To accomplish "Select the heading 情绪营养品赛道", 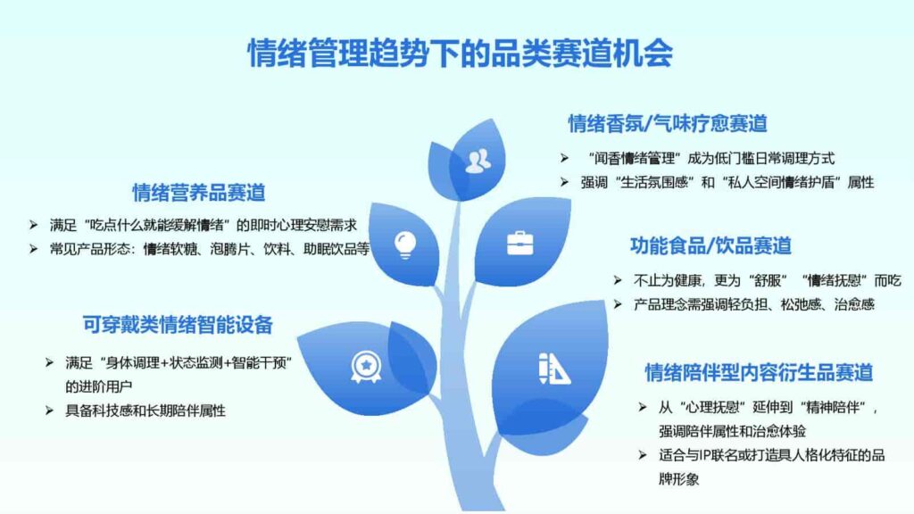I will pos(199,192).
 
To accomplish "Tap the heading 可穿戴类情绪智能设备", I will pos(178,325).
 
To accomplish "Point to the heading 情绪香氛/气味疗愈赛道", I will pos(669,123).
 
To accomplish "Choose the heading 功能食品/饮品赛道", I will pos(710,245).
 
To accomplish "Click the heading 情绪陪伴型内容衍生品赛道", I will pos(759,372).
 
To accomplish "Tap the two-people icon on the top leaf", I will pos(479,158).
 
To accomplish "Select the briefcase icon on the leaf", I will pos(519,242).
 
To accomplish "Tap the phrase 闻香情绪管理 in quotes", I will pos(636,158).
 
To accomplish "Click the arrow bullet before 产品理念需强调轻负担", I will pos(618,304).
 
